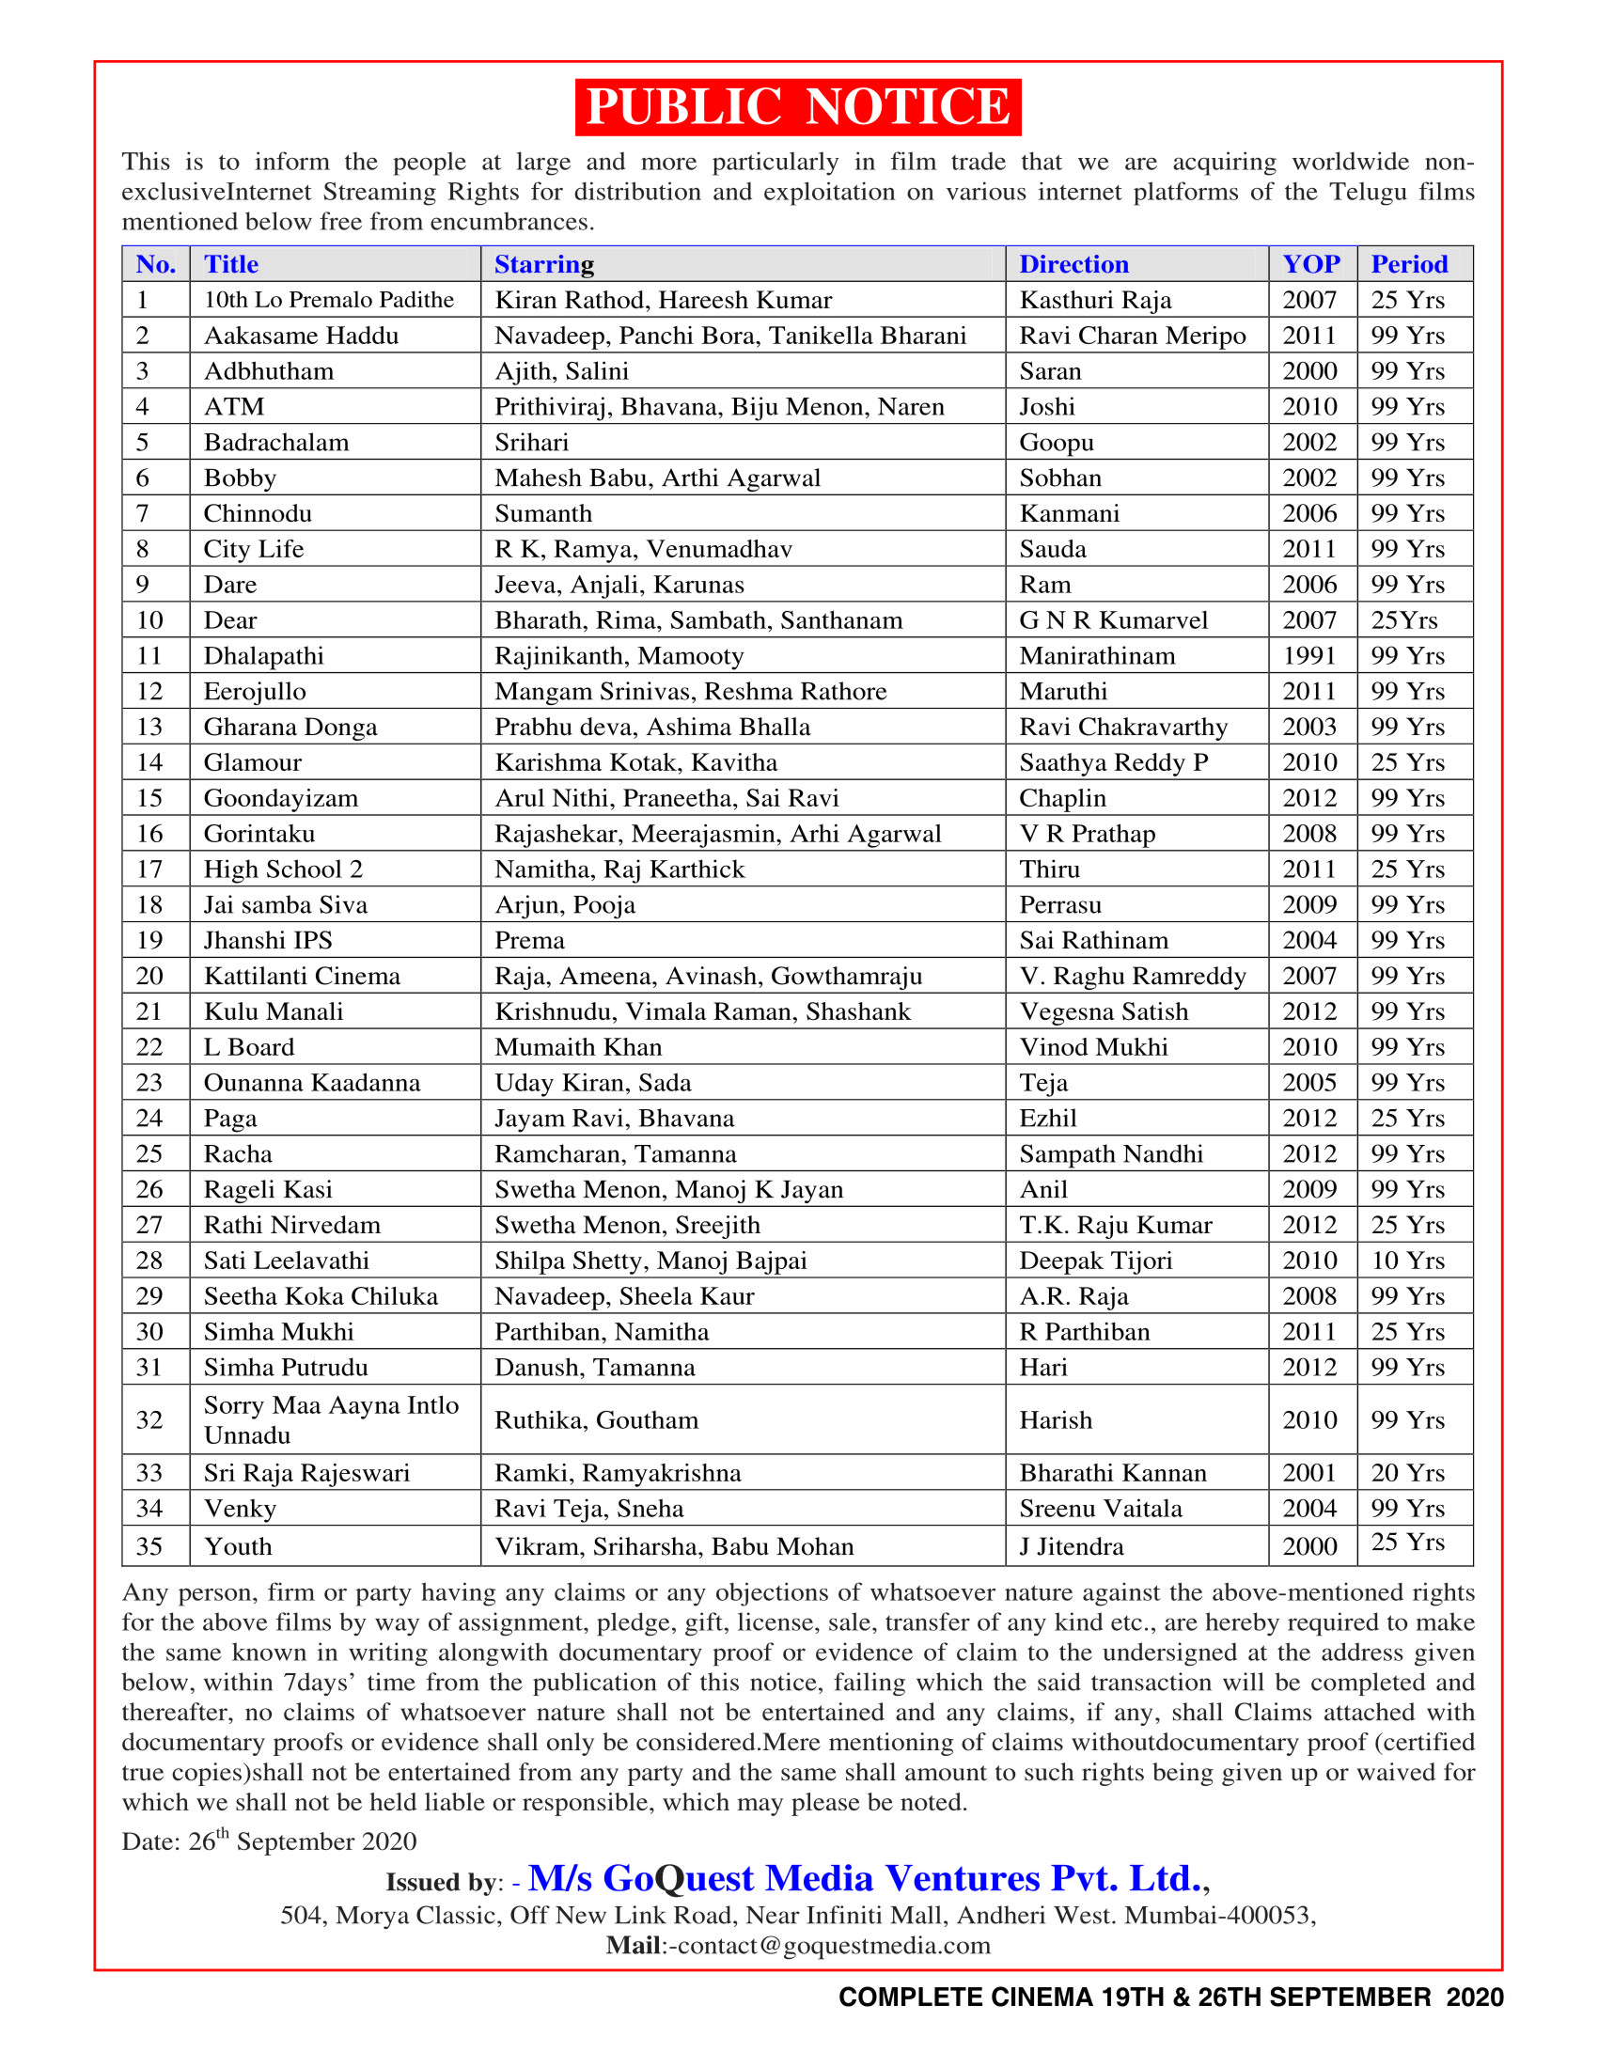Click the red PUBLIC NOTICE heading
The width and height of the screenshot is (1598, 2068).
(x=798, y=107)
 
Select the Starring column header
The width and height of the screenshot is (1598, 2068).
(x=544, y=264)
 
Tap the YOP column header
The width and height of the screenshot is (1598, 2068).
(x=1311, y=264)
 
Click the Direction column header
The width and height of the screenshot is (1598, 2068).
(x=1073, y=264)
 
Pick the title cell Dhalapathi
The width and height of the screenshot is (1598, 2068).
(x=264, y=656)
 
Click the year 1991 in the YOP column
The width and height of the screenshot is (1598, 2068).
(x=1309, y=656)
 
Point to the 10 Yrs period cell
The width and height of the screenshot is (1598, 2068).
(x=1408, y=1261)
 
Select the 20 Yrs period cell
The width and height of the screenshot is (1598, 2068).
(x=1408, y=1472)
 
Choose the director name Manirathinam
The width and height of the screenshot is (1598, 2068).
(x=1097, y=656)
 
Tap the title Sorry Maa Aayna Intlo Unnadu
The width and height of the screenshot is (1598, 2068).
(x=331, y=1419)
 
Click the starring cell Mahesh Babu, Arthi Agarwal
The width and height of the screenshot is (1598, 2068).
(x=658, y=478)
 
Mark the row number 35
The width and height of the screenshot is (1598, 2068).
(x=150, y=1546)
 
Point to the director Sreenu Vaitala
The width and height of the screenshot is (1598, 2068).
(x=1101, y=1509)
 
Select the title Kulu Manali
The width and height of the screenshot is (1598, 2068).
(x=274, y=1011)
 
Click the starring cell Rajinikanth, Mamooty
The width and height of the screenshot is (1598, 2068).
(x=619, y=656)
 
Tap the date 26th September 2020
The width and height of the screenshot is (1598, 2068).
(x=302, y=1841)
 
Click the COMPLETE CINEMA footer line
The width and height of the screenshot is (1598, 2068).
(x=1170, y=1997)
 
